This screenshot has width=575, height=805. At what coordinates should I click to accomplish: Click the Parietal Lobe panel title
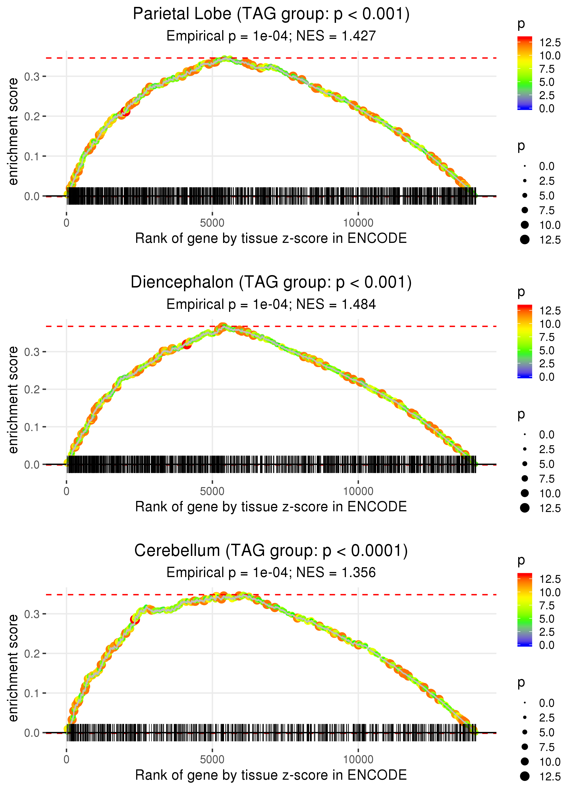coord(271,14)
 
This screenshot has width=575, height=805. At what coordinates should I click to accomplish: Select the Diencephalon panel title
coord(271,282)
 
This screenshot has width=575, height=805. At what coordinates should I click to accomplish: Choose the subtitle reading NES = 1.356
coord(271,573)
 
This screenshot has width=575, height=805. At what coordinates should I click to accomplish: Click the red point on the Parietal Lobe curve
coord(125,112)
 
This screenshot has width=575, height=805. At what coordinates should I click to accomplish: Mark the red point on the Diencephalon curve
coord(187,344)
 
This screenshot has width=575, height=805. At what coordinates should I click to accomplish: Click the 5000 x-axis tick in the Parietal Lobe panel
coord(212,223)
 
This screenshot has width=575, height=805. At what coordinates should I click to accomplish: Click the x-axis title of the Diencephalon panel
coord(271,507)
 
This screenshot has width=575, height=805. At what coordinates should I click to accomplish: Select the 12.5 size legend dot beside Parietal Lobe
coord(525,240)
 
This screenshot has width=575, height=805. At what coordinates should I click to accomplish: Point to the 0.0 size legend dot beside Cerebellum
coord(525,703)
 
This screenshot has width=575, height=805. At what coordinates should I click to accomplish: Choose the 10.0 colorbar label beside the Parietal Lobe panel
coord(549,56)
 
